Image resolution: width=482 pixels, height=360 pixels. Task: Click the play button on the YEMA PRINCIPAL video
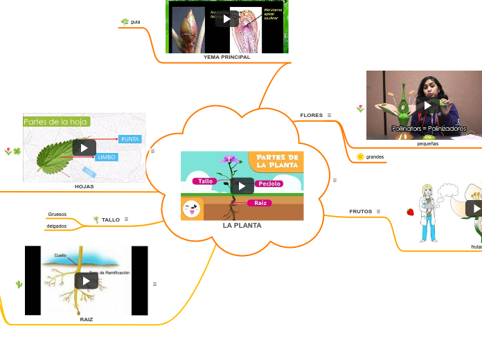click(226, 19)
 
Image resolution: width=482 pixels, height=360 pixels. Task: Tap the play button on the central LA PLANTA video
click(242, 186)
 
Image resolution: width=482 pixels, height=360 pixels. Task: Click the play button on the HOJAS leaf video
click(84, 147)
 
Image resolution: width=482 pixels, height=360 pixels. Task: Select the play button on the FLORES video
click(429, 105)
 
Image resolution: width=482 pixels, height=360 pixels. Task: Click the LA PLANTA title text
click(242, 226)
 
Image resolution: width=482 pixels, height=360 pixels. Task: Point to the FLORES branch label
click(311, 115)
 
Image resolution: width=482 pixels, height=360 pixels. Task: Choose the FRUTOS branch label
click(360, 211)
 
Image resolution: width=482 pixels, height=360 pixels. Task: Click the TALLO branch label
click(111, 219)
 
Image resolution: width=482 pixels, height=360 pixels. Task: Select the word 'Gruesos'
click(57, 214)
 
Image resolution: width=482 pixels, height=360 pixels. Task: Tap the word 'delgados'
click(57, 226)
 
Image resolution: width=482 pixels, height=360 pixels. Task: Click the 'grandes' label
click(375, 157)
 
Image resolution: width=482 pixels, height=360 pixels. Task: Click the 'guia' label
click(135, 22)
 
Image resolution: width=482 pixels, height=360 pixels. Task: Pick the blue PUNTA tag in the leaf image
click(130, 139)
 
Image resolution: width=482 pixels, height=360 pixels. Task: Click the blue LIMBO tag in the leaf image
click(106, 157)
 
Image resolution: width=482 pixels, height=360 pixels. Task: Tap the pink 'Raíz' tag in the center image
click(261, 203)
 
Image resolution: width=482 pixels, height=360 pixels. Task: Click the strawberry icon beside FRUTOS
click(410, 212)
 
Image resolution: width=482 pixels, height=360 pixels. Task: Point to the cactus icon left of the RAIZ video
click(19, 284)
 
